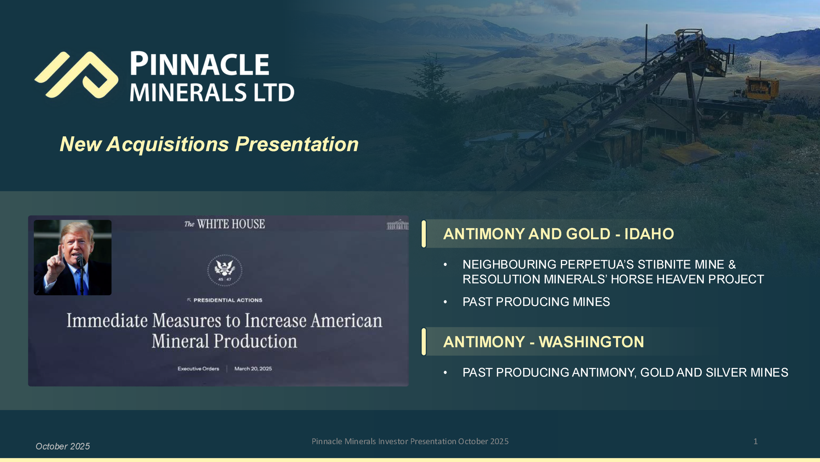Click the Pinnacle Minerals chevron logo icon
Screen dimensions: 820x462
tap(76, 74)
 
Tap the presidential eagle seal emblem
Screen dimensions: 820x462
tap(225, 270)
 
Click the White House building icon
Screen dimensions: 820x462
tap(398, 225)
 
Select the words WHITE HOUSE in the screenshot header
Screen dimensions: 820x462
tap(231, 224)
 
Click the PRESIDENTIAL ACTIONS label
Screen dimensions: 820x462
tap(228, 300)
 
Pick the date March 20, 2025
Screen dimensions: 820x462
tap(253, 369)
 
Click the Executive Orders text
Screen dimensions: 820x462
tap(198, 369)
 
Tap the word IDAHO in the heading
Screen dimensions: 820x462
tap(649, 234)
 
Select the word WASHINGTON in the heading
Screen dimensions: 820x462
tap(591, 342)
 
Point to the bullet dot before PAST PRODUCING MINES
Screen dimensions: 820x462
tap(445, 302)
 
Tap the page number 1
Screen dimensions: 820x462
tap(756, 441)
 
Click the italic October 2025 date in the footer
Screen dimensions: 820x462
tap(63, 446)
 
